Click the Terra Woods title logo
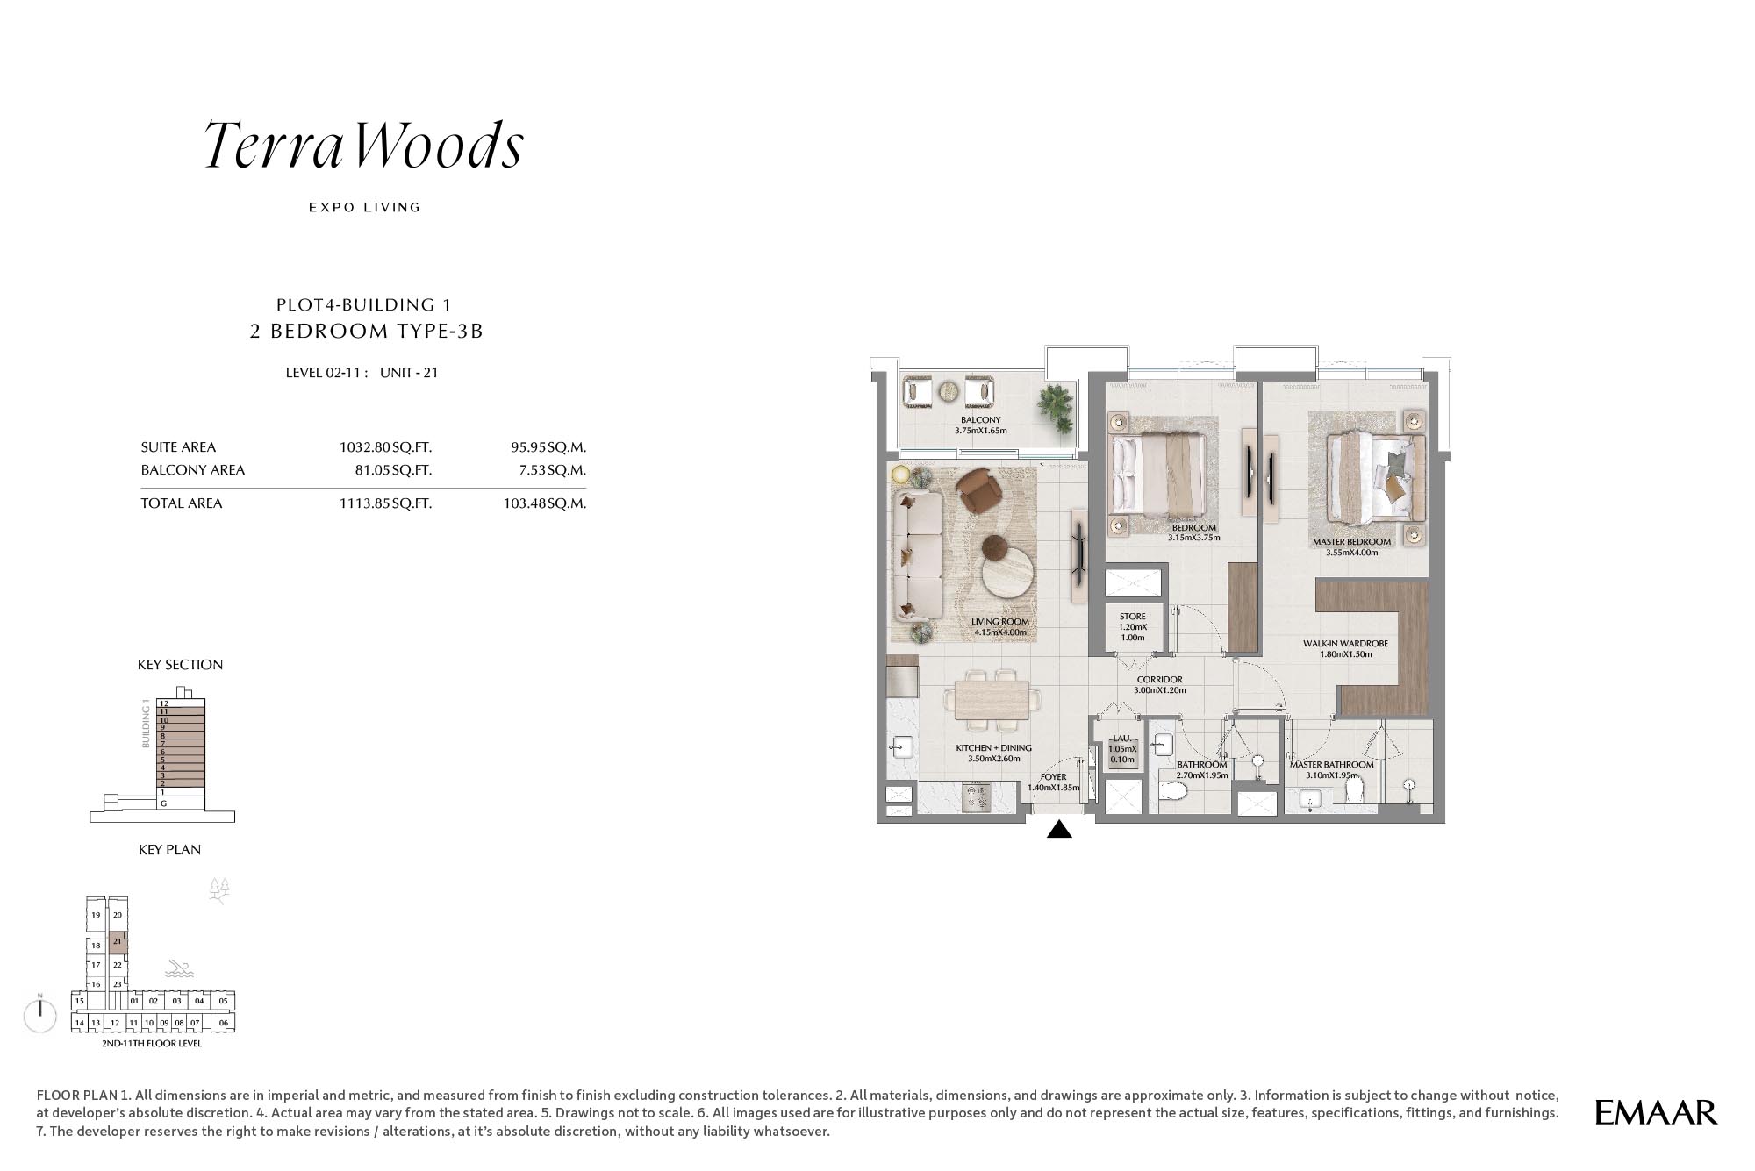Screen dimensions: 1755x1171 (364, 145)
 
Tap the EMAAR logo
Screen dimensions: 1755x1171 (1656, 1112)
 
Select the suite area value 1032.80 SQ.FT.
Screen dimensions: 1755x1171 (385, 447)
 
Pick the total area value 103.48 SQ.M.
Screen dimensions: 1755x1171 (544, 503)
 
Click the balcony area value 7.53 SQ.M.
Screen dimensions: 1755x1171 (552, 470)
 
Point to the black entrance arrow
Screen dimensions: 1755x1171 (1059, 829)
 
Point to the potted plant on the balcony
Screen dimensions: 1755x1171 (1055, 406)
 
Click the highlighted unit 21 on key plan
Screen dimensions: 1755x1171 (118, 943)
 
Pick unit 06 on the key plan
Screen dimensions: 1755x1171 (224, 1023)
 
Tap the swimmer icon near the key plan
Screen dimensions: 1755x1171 (179, 969)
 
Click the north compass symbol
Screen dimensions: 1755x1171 (40, 1015)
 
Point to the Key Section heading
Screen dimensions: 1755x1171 (180, 665)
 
